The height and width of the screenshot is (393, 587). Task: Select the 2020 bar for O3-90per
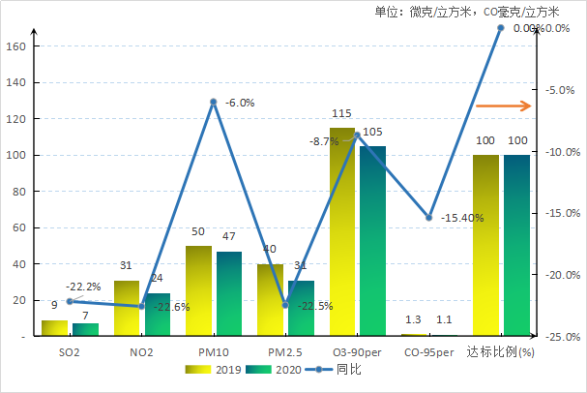click(x=372, y=241)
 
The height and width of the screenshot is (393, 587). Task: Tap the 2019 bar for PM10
click(x=198, y=290)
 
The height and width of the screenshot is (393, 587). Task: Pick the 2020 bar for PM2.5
click(x=301, y=308)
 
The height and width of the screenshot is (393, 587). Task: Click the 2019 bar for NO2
click(x=127, y=308)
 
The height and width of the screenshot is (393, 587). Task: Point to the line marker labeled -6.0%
click(x=214, y=102)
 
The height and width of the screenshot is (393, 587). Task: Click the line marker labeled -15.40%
click(x=429, y=218)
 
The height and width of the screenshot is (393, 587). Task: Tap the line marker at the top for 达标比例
click(x=501, y=28)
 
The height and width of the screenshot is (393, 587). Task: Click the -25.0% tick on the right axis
click(x=562, y=337)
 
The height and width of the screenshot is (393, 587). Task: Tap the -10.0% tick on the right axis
click(x=562, y=152)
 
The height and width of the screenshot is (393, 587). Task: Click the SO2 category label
click(x=70, y=350)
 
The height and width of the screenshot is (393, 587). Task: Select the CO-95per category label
click(x=428, y=350)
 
